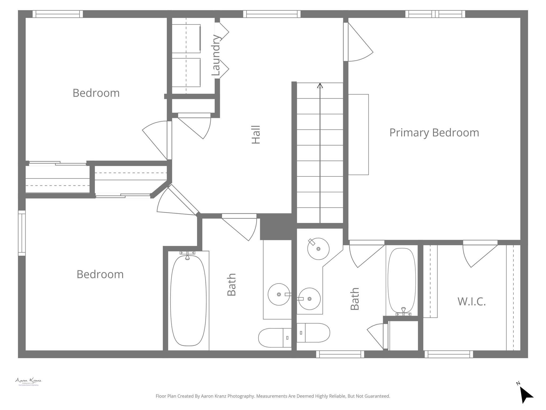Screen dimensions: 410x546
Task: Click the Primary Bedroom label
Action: [434, 133]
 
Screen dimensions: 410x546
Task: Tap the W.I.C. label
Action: [471, 301]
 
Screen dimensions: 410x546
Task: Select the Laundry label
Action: [216, 55]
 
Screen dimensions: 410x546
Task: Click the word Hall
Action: [256, 135]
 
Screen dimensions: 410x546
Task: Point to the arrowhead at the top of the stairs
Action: [320, 86]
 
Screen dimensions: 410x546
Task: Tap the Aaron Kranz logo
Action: [28, 381]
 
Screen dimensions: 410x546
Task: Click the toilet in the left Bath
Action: [275, 338]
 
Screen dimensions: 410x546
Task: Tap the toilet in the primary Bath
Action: [314, 333]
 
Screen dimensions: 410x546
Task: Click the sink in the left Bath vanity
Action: [279, 294]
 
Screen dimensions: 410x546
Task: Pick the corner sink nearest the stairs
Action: [318, 249]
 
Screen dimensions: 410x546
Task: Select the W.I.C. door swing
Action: [479, 255]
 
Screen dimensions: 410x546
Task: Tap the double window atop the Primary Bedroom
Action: [435, 14]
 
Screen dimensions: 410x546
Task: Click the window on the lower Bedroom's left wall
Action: [22, 233]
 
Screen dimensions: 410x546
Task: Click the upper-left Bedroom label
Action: [96, 93]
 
